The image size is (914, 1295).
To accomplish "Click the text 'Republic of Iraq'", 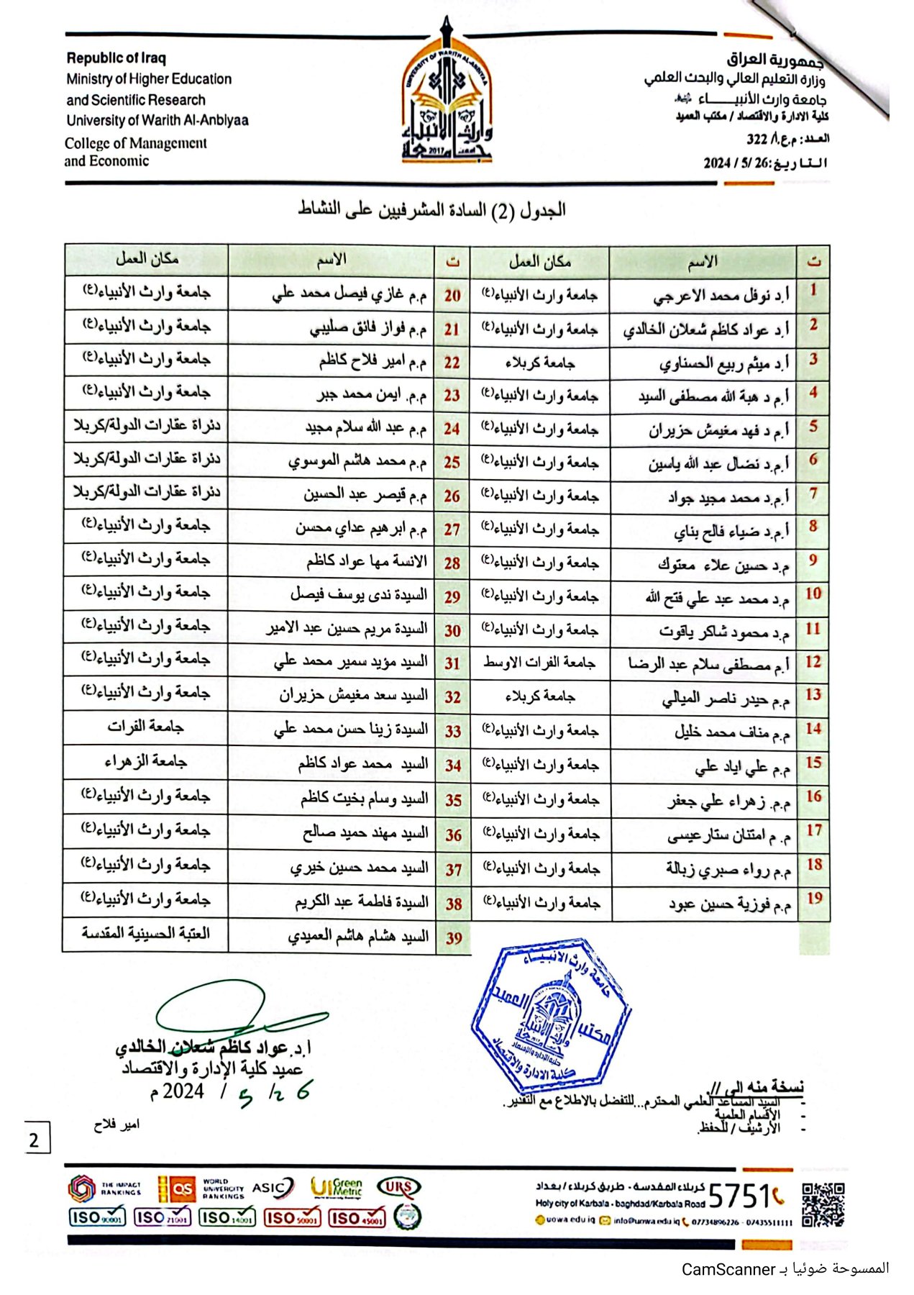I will click(116, 58).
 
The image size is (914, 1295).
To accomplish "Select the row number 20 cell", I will click(452, 295).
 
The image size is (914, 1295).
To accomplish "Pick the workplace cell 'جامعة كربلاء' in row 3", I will click(539, 363).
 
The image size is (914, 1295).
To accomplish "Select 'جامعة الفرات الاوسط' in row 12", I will click(539, 662).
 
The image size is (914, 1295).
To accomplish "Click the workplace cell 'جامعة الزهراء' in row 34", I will click(145, 761).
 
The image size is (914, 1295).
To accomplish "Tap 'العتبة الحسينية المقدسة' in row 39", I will click(145, 933).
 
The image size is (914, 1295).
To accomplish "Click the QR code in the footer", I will click(822, 1204).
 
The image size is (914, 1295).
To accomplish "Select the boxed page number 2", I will click(34, 1140).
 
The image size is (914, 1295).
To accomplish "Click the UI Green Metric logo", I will click(336, 1188).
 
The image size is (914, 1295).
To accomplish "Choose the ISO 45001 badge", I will click(357, 1218).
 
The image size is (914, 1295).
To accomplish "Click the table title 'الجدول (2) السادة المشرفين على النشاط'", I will click(431, 210).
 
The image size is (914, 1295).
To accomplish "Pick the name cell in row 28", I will click(367, 561).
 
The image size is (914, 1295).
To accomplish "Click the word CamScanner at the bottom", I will click(728, 1269).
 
